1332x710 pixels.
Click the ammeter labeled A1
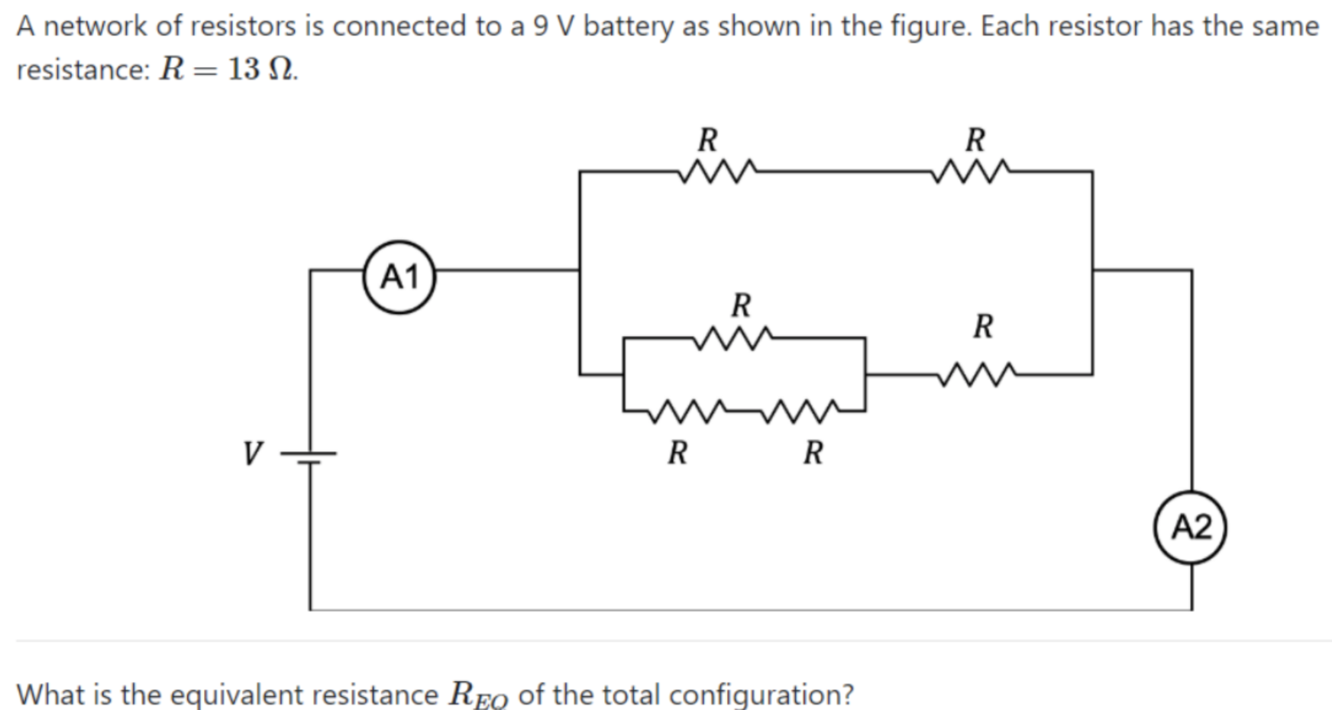[x=399, y=277]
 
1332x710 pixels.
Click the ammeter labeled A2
[x=1190, y=528]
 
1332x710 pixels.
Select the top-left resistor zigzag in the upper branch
[x=717, y=171]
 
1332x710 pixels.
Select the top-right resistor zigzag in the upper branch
[x=972, y=171]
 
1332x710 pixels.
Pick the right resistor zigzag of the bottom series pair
[x=802, y=411]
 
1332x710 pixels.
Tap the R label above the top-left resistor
[x=708, y=140]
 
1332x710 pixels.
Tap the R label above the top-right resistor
[x=975, y=140]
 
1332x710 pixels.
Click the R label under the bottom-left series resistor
[x=677, y=453]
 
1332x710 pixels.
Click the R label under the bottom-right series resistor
[x=813, y=453]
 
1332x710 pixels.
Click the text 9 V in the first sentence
[x=553, y=27]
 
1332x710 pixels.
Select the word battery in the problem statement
[x=629, y=27]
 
